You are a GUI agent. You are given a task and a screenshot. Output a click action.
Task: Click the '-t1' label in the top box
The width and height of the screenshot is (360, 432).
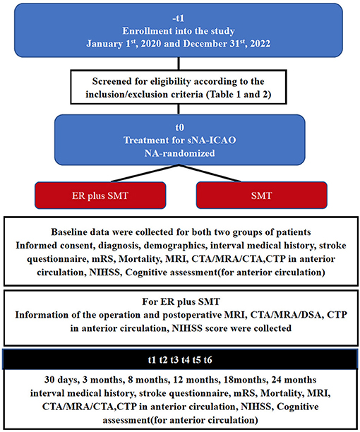[x=178, y=18]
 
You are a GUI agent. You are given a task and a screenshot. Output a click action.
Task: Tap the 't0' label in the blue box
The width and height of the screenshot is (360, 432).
[x=179, y=128]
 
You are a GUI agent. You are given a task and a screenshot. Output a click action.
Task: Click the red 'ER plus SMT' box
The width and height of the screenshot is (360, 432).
[x=100, y=196]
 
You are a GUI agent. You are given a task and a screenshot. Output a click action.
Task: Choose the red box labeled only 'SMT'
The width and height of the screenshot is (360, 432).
[x=262, y=196]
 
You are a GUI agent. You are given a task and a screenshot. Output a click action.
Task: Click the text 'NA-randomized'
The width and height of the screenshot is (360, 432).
[x=179, y=153]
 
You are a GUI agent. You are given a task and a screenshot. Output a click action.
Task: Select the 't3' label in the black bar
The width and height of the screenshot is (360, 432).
[x=174, y=360]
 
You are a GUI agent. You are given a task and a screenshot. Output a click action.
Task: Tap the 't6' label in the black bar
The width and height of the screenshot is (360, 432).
[x=208, y=360]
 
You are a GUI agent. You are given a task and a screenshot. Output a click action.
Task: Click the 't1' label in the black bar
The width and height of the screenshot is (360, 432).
[x=152, y=360]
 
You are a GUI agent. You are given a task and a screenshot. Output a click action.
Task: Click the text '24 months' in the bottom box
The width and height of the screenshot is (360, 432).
[x=294, y=380]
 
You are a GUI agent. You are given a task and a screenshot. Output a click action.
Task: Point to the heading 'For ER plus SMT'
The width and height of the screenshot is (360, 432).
[x=181, y=301]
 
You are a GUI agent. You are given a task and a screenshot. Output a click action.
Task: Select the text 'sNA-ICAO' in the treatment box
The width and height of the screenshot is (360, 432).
[x=212, y=140]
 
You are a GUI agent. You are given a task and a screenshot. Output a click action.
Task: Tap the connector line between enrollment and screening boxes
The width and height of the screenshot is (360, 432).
[x=179, y=64]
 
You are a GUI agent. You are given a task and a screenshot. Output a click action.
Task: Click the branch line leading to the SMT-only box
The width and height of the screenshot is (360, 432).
[x=210, y=173]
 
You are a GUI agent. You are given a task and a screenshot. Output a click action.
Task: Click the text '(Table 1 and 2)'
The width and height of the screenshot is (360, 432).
[x=239, y=95]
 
